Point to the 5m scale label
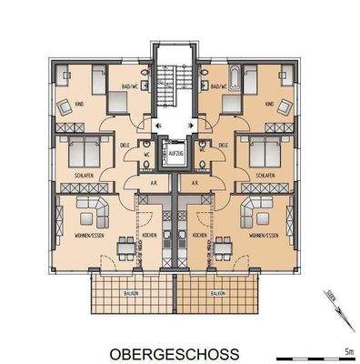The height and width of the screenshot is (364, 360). pos(347,347)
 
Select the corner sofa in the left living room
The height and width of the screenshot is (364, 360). pos(95,214)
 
